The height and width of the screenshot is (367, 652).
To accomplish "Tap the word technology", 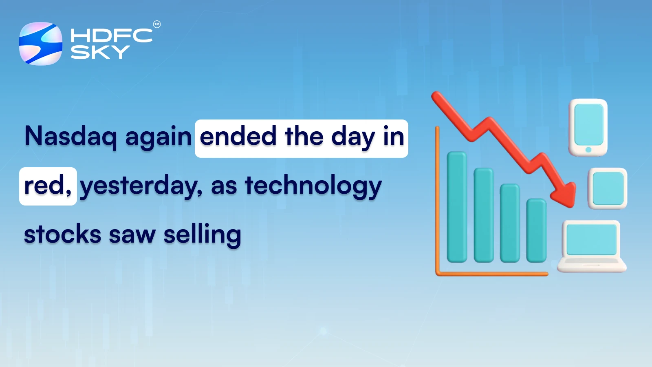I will pyautogui.click(x=313, y=186).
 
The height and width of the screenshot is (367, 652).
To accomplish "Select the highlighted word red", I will pyautogui.click(x=44, y=186).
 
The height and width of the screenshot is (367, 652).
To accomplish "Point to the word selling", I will pyautogui.click(x=202, y=235).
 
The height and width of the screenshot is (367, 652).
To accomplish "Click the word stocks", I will pyautogui.click(x=62, y=234).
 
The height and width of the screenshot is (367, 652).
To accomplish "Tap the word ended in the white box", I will pyautogui.click(x=238, y=137).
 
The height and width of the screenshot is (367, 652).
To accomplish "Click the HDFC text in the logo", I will pyautogui.click(x=111, y=35).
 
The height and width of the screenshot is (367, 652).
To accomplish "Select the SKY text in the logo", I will pyautogui.click(x=100, y=52).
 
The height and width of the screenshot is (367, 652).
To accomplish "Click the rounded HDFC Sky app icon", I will pyautogui.click(x=41, y=44).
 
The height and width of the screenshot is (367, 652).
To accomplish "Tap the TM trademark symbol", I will pyautogui.click(x=157, y=24).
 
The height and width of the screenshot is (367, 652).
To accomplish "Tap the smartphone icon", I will pyautogui.click(x=588, y=127).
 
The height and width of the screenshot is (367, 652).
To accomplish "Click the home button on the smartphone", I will pyautogui.click(x=588, y=150).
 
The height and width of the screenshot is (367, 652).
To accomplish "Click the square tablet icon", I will pyautogui.click(x=608, y=188).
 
